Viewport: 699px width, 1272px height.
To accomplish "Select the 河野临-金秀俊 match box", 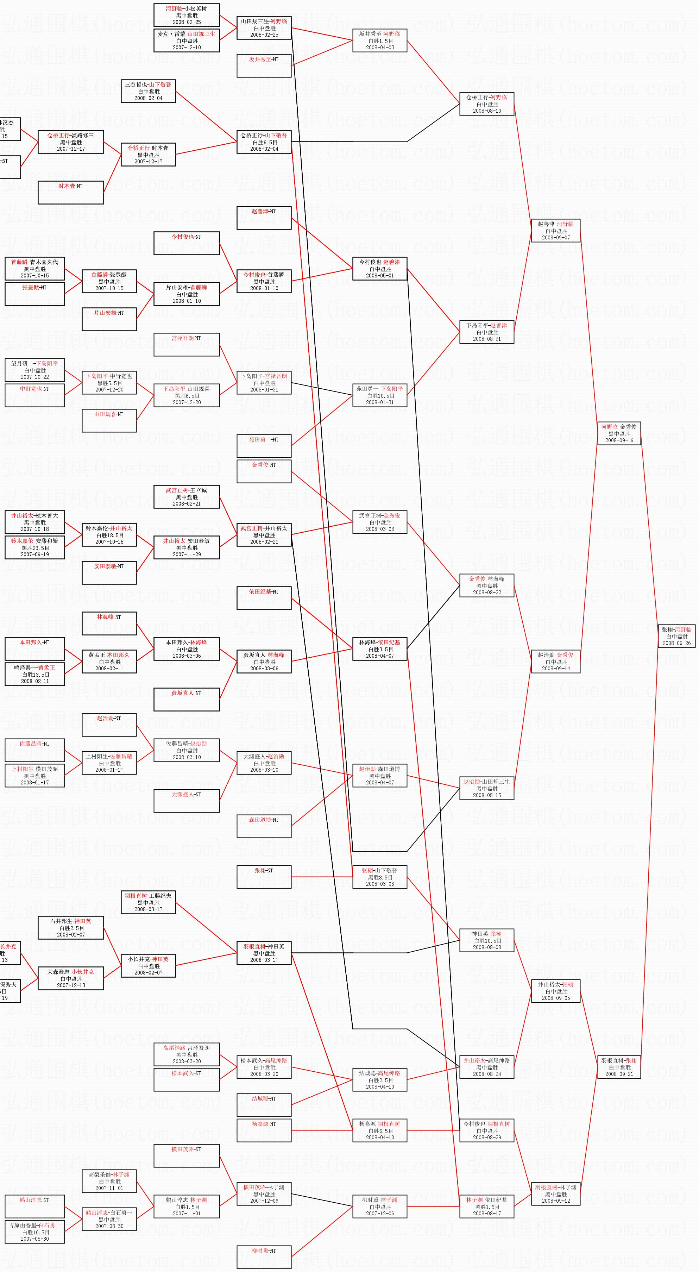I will coord(619,433).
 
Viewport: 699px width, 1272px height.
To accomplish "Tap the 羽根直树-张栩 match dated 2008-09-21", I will coord(619,1067).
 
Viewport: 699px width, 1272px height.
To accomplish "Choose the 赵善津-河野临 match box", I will coord(555,231).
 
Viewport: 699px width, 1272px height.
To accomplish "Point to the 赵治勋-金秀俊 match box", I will coord(555,662).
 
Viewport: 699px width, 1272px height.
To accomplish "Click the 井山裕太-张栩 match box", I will coord(555,991).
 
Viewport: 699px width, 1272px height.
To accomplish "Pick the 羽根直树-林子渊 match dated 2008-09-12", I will coord(555,1194).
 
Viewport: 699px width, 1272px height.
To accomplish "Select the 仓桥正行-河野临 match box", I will coord(487,104).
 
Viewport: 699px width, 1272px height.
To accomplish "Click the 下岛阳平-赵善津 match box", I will coord(487,332).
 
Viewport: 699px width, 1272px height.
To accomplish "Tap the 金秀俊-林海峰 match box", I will coord(487,585).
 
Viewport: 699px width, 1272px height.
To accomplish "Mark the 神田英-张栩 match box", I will coord(487,940).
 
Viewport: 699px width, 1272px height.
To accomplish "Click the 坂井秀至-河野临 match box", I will coord(380,40).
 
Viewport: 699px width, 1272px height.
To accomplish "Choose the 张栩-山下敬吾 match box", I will coord(380,877).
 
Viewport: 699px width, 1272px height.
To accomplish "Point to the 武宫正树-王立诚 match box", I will coord(187,497).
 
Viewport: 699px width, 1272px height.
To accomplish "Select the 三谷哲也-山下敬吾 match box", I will coord(148,91).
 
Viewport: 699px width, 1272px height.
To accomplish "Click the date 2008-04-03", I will coord(380,48).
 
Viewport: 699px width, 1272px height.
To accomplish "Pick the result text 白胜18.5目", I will coord(109,535).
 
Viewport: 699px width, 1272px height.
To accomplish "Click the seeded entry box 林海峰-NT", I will coord(109,623).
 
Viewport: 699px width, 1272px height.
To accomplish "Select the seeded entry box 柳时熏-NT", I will coord(264,1257).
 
